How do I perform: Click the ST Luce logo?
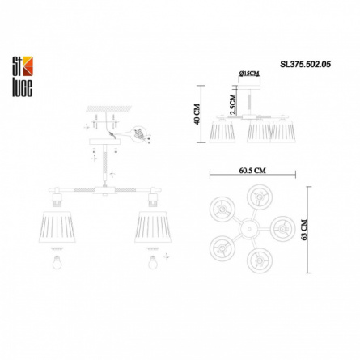pyautogui.click(x=23, y=77)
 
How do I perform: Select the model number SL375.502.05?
pyautogui.click(x=305, y=64)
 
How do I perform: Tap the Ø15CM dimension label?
pyautogui.click(x=249, y=73)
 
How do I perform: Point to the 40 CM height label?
pyautogui.click(x=197, y=114)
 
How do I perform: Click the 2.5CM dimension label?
pyautogui.click(x=233, y=104)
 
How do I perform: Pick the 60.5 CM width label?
pyautogui.click(x=252, y=171)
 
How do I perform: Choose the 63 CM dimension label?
pyautogui.click(x=304, y=230)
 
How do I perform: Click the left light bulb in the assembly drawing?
pyautogui.click(x=57, y=262)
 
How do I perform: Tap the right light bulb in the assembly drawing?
pyautogui.click(x=153, y=262)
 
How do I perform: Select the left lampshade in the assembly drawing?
pyautogui.click(x=57, y=227)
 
